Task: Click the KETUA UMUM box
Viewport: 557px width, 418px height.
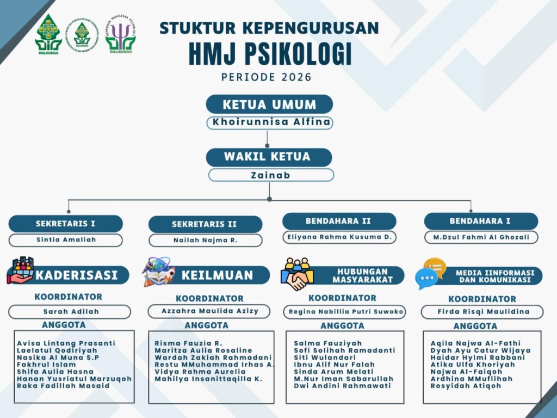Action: coord(269,104)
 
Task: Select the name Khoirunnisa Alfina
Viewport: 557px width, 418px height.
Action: coord(271,122)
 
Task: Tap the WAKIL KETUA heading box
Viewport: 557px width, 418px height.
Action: coord(269,157)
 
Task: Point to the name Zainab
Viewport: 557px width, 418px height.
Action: coord(271,175)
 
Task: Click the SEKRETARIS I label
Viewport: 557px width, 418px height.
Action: coord(65,224)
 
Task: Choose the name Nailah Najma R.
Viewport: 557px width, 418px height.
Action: coord(205,240)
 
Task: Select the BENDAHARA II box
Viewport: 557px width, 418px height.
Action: coord(339,221)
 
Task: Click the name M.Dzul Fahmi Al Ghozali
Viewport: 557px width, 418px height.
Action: coord(481,237)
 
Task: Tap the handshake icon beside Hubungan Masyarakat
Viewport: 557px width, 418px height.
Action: coord(297,274)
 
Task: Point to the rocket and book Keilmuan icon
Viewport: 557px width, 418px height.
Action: coord(158,272)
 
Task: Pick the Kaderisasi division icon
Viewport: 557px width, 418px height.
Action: coord(21,271)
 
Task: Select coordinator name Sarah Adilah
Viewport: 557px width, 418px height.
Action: coord(71,312)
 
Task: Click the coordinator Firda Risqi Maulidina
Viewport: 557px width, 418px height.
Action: coord(484,312)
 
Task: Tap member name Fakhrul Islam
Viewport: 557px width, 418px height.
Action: coord(46,364)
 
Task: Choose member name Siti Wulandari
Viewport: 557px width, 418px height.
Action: coord(325,357)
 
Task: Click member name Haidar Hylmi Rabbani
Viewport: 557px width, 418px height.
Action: coord(478,357)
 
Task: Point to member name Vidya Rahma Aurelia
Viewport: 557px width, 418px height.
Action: coord(200,371)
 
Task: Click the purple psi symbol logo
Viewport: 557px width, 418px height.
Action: coord(120,34)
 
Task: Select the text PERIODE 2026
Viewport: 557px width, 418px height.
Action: coord(267,77)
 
